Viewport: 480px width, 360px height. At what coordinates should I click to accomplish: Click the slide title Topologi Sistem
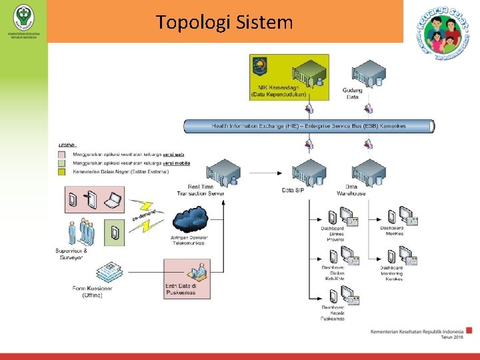click(225, 23)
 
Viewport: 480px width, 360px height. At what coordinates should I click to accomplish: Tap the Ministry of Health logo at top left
click(23, 15)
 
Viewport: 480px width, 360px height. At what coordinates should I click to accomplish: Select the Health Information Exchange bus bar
click(309, 125)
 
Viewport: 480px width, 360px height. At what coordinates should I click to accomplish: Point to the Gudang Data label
click(353, 93)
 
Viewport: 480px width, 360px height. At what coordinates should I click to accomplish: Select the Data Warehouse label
click(355, 190)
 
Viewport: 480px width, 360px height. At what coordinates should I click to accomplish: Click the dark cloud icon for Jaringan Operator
click(189, 219)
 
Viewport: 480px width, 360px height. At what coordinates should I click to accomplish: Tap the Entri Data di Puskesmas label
click(180, 289)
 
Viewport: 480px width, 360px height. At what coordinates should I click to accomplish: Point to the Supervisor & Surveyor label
click(71, 253)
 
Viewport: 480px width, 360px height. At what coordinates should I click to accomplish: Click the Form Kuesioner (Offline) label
click(93, 291)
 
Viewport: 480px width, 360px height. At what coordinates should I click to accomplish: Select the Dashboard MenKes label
click(392, 231)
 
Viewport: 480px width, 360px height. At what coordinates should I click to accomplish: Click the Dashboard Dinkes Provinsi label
click(333, 235)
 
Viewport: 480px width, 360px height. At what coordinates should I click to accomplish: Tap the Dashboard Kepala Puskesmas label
click(333, 313)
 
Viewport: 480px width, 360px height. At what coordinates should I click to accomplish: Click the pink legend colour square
click(61, 154)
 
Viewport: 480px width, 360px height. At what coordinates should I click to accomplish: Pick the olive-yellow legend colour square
click(61, 171)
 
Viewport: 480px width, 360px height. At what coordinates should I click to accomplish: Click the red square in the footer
click(469, 330)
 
